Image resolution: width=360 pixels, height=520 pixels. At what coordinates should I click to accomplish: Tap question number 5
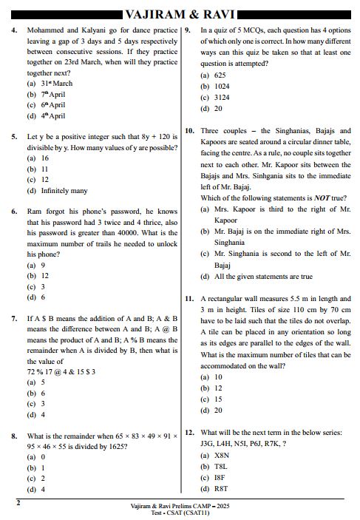[x=14, y=137]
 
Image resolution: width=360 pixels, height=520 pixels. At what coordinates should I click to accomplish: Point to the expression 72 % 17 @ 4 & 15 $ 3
[x=61, y=371]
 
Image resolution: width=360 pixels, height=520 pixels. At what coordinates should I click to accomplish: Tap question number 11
[x=189, y=299]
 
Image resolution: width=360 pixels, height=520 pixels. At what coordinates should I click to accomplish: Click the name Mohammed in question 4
[x=47, y=31]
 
